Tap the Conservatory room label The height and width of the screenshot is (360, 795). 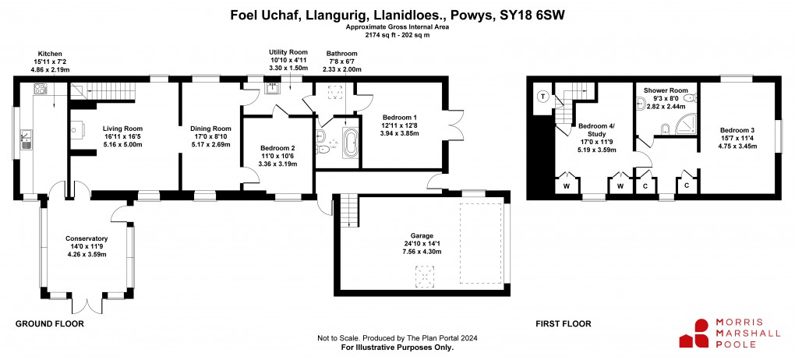pyautogui.click(x=87, y=238)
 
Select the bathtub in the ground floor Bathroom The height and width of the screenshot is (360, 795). pyautogui.click(x=351, y=144)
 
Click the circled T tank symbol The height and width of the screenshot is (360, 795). pyautogui.click(x=542, y=97)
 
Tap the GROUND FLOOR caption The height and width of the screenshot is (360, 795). pyautogui.click(x=50, y=323)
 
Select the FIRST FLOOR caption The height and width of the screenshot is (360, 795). pyautogui.click(x=564, y=323)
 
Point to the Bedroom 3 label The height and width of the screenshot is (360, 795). pyautogui.click(x=737, y=130)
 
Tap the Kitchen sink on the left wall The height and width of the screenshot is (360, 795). pyautogui.click(x=26, y=140)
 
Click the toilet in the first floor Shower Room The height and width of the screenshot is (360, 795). pyautogui.click(x=665, y=129)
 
